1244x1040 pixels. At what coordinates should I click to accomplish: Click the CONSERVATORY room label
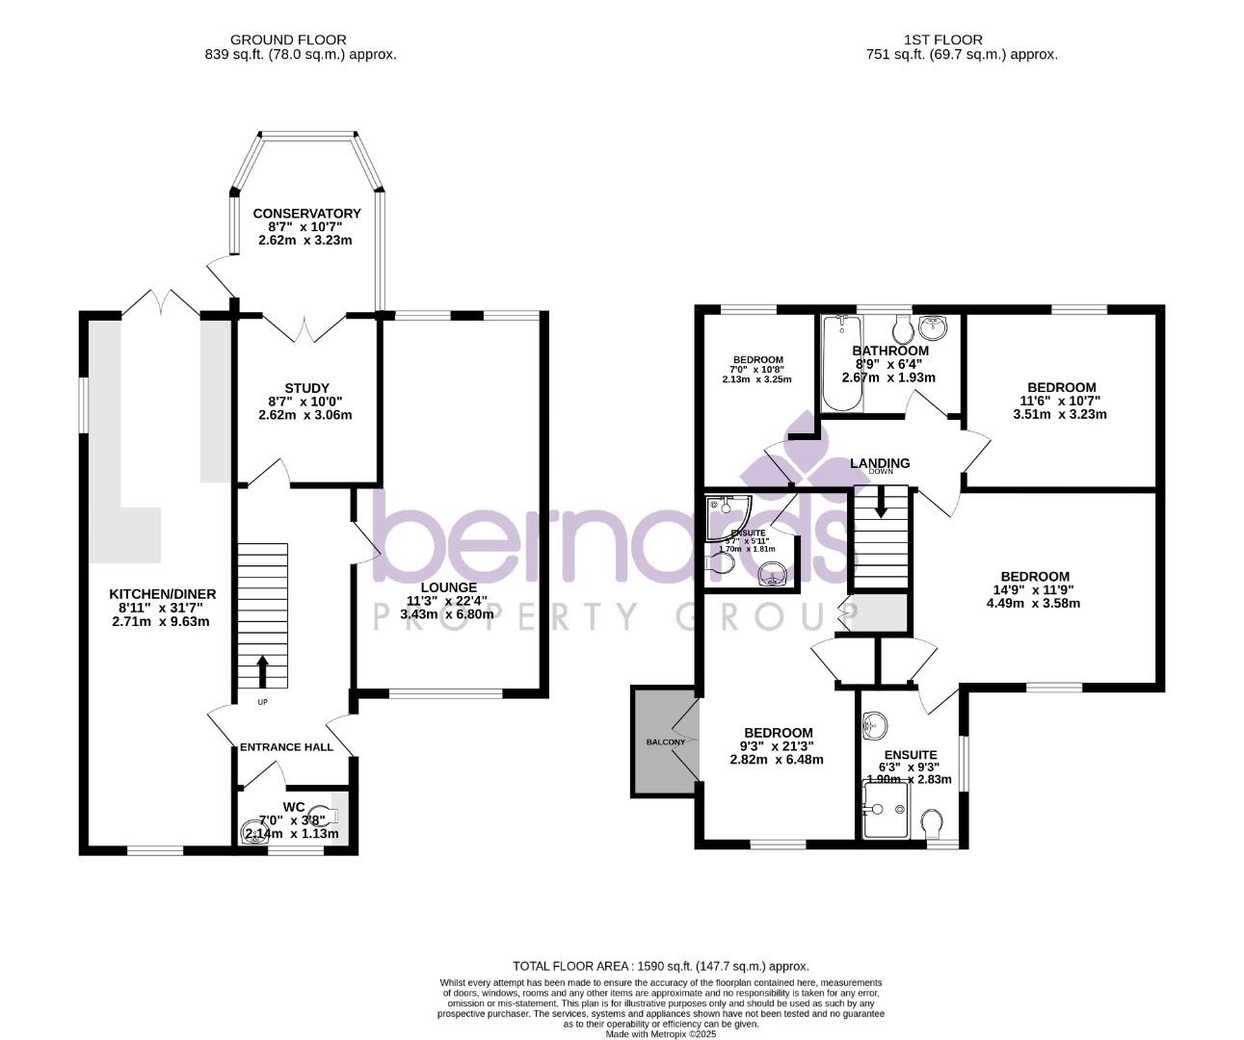click(306, 214)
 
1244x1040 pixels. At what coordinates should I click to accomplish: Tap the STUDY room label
click(306, 388)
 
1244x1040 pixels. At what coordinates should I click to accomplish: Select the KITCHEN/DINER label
click(162, 593)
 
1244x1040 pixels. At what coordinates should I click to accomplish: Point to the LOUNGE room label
click(448, 586)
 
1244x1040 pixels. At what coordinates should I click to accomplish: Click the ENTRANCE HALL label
click(286, 746)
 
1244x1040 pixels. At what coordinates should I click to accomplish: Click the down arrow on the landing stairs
click(880, 501)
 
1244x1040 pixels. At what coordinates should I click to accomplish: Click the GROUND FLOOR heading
click(288, 39)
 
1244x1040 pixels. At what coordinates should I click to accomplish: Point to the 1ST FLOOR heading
click(942, 39)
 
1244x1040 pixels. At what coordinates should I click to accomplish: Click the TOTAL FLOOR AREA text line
click(660, 966)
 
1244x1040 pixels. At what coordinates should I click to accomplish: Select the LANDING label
click(880, 463)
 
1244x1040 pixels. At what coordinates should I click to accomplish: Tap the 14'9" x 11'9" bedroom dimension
click(1033, 590)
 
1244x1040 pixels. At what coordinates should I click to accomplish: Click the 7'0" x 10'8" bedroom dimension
click(757, 370)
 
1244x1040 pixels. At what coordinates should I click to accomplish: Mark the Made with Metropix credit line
click(660, 1034)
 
